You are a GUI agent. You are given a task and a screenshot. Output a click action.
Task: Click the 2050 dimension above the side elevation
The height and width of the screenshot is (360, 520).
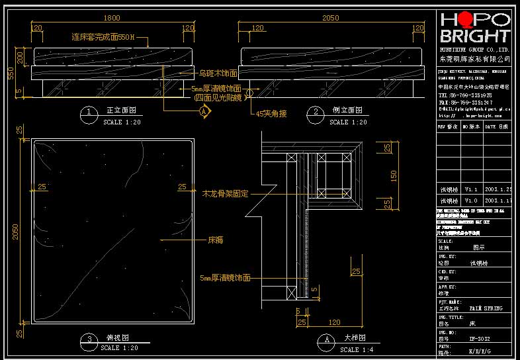[330, 19]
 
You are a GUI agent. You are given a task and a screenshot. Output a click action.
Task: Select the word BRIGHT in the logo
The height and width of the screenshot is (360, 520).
[475, 36]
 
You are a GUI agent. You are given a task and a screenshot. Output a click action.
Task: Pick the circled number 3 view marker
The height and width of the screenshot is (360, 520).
[89, 340]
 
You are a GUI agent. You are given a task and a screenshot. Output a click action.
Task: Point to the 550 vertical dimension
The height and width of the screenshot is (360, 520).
[11, 73]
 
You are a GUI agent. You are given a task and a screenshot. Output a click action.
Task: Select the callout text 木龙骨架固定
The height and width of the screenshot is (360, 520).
[226, 194]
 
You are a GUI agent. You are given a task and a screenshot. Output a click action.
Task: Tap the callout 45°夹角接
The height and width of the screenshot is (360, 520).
[272, 113]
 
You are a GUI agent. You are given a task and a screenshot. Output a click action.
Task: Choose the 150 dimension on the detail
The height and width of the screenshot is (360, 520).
[394, 176]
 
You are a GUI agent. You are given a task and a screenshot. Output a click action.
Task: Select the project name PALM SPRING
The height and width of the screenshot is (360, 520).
[486, 308]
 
